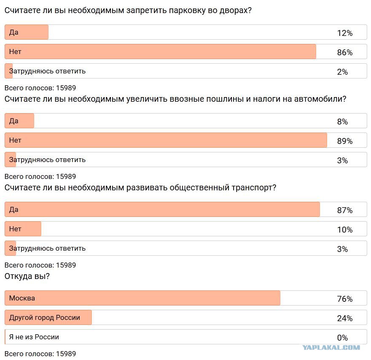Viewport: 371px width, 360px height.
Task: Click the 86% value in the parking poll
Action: pyautogui.click(x=345, y=52)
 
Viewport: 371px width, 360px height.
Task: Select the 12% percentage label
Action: pyautogui.click(x=345, y=33)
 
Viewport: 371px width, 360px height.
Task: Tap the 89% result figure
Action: pyautogui.click(x=345, y=141)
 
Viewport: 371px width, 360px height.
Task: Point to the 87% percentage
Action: pyautogui.click(x=345, y=210)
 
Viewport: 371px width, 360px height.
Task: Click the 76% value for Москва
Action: pyautogui.click(x=345, y=299)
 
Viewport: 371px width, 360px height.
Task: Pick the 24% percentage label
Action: pyautogui.click(x=345, y=318)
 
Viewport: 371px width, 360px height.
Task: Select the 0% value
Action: pyautogui.click(x=342, y=338)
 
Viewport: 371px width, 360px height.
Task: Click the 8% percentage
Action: pyautogui.click(x=342, y=122)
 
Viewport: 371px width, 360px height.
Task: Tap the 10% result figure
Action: pyautogui.click(x=345, y=230)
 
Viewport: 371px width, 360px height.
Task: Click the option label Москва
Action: pyautogui.click(x=22, y=298)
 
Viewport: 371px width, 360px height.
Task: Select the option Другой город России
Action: pyautogui.click(x=45, y=317)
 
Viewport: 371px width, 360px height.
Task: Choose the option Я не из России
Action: pyautogui.click(x=34, y=337)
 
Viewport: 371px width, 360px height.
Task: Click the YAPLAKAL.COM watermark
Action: pyautogui.click(x=331, y=347)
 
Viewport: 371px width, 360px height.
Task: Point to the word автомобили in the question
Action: pyautogui.click(x=319, y=99)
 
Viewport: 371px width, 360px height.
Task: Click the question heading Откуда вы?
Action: pyautogui.click(x=27, y=276)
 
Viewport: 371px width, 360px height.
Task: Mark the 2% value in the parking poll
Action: pyautogui.click(x=342, y=72)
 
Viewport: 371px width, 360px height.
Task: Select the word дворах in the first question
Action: pyautogui.click(x=233, y=11)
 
